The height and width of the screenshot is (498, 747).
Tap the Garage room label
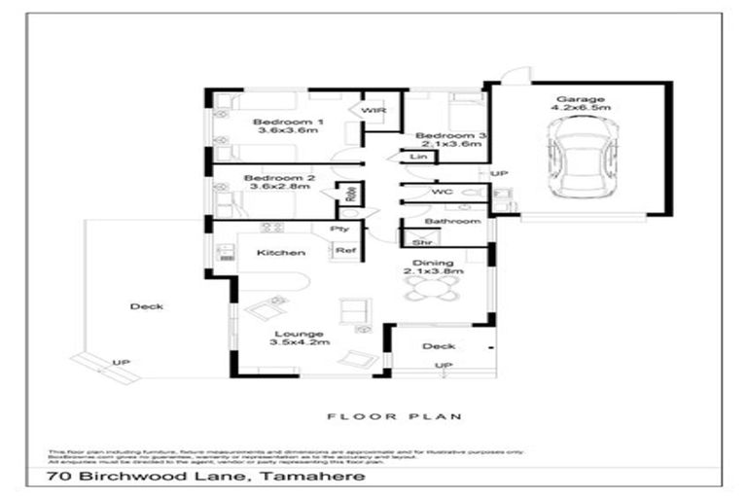click(581, 98)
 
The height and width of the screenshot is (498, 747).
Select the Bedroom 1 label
click(274, 122)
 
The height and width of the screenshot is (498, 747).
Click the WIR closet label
click(373, 112)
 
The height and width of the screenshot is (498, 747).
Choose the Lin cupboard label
click(419, 157)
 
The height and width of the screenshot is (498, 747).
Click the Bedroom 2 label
click(279, 179)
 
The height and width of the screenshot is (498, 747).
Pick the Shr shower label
click(422, 242)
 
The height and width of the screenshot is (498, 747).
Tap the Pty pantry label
click(339, 229)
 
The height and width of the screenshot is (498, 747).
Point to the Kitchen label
click(281, 253)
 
